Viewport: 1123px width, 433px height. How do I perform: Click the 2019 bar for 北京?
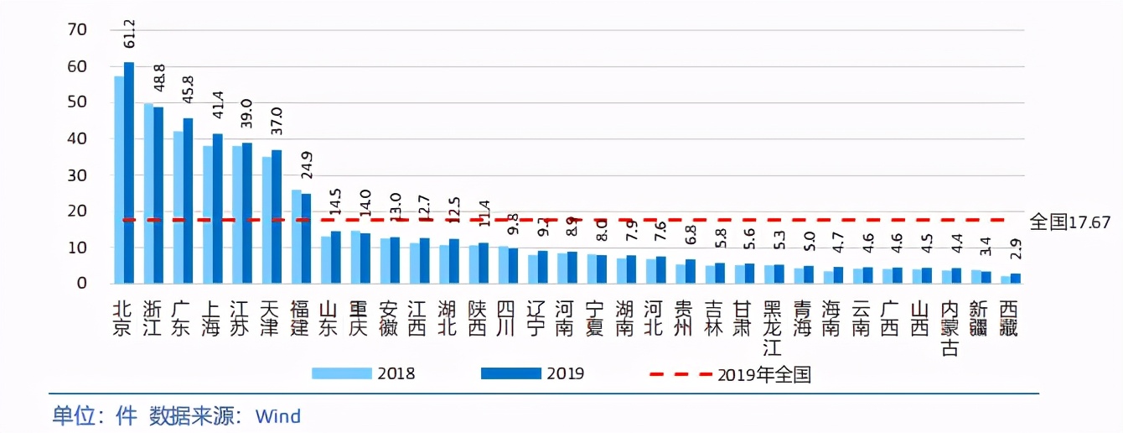129,173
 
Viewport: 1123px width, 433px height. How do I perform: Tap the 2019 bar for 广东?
188,201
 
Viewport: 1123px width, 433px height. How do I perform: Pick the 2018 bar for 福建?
296,237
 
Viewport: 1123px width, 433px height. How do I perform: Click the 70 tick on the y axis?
78,30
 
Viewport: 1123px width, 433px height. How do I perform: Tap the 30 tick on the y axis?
78,175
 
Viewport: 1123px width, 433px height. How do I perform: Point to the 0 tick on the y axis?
82,284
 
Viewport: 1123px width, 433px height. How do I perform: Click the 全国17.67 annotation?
1069,222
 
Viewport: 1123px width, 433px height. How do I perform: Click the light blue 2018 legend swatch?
341,373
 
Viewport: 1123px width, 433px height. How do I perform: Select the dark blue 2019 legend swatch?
510,373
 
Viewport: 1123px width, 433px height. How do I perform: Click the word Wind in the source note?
278,415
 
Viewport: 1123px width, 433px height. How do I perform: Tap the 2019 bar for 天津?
277,216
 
